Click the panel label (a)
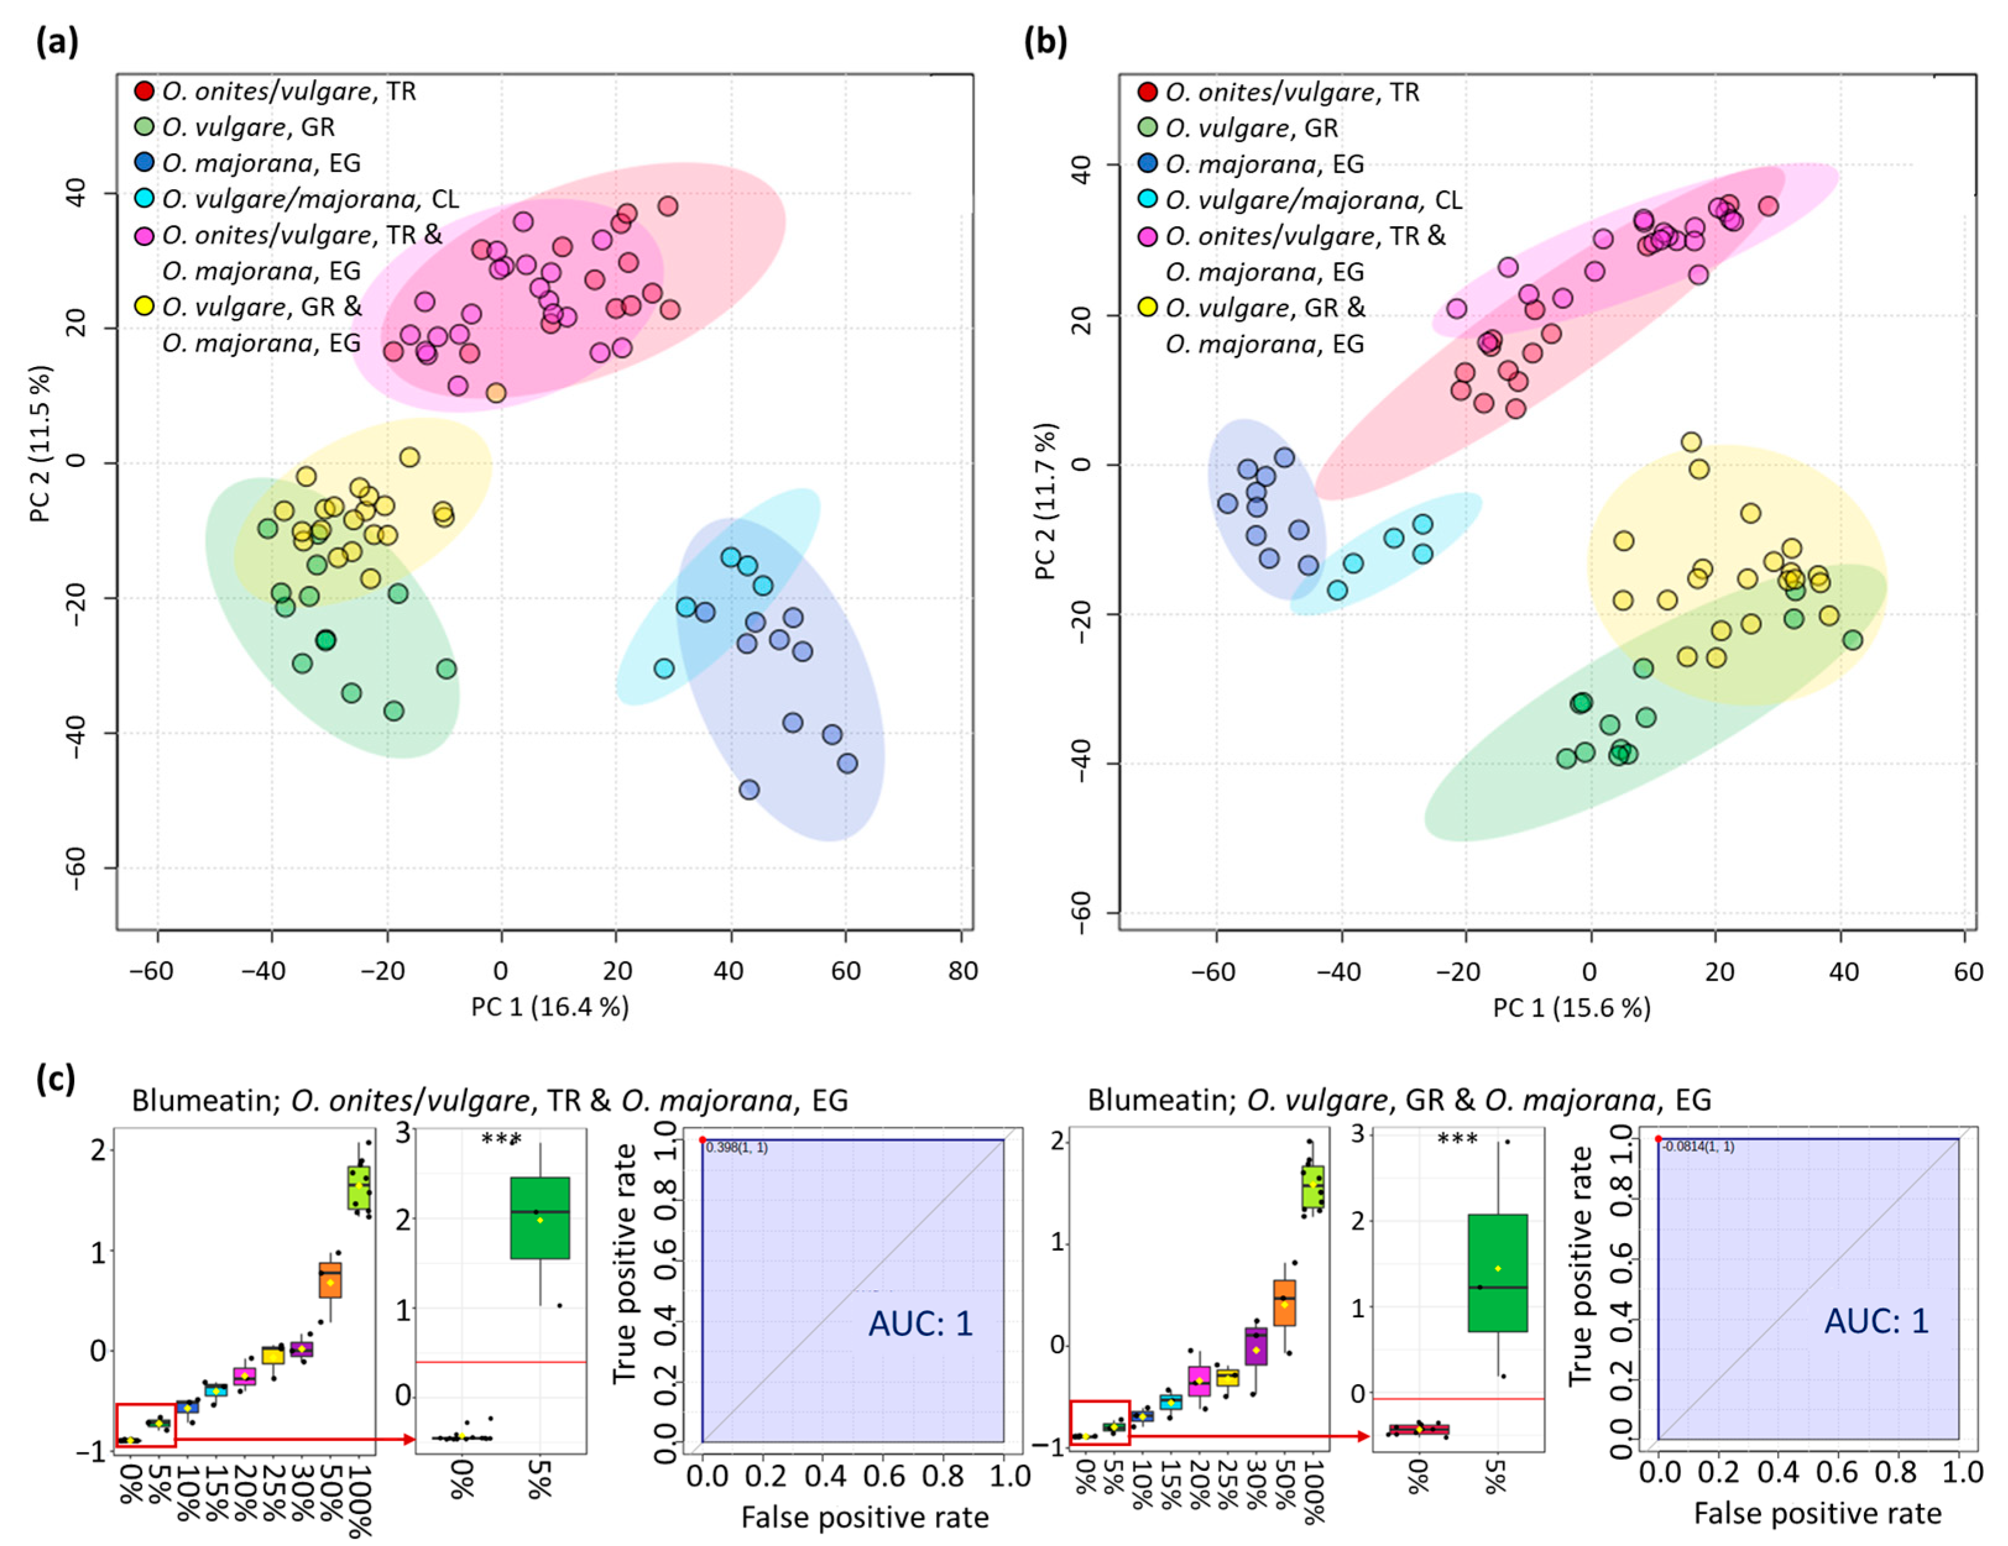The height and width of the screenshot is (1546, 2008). (x=57, y=42)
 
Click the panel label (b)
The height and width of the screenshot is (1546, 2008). (x=1045, y=42)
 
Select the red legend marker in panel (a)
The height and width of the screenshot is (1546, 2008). (x=144, y=91)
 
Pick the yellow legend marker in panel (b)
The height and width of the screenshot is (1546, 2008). (x=1147, y=307)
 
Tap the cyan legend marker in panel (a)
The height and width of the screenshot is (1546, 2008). (x=144, y=198)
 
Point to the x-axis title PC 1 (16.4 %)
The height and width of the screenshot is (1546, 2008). (x=550, y=1007)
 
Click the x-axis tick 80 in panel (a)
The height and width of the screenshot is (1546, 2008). (x=963, y=969)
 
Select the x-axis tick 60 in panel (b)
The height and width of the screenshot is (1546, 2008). (x=1968, y=971)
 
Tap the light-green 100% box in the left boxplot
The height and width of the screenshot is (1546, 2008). (x=359, y=1188)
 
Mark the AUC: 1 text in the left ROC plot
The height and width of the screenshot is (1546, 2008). (x=921, y=1323)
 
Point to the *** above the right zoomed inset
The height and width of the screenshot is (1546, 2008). (x=1458, y=1140)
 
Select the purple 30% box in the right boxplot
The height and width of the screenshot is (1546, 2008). (x=1256, y=1346)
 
